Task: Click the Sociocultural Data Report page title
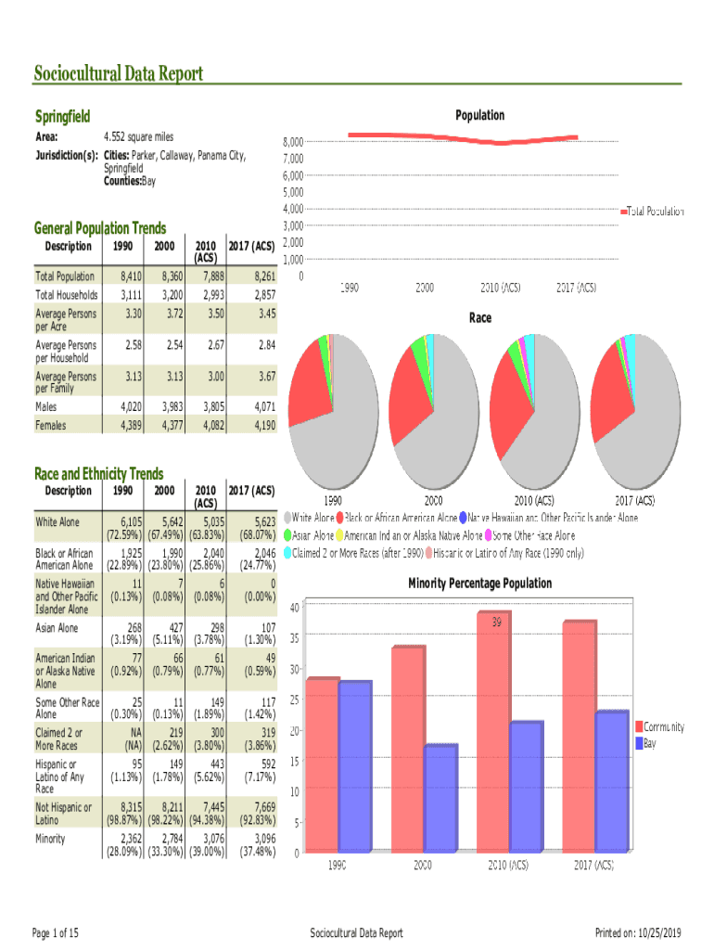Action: [x=118, y=73]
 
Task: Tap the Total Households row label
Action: [x=66, y=294]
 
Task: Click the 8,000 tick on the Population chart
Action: [x=293, y=142]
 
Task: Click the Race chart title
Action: [x=479, y=318]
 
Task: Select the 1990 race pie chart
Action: [x=334, y=399]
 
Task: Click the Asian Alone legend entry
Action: [x=309, y=536]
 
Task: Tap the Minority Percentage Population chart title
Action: [x=479, y=584]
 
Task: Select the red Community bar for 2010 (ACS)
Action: [x=491, y=733]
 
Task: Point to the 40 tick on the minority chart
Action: [x=293, y=608]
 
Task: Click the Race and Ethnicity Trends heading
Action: [x=98, y=473]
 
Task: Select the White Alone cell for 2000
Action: [x=165, y=527]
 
